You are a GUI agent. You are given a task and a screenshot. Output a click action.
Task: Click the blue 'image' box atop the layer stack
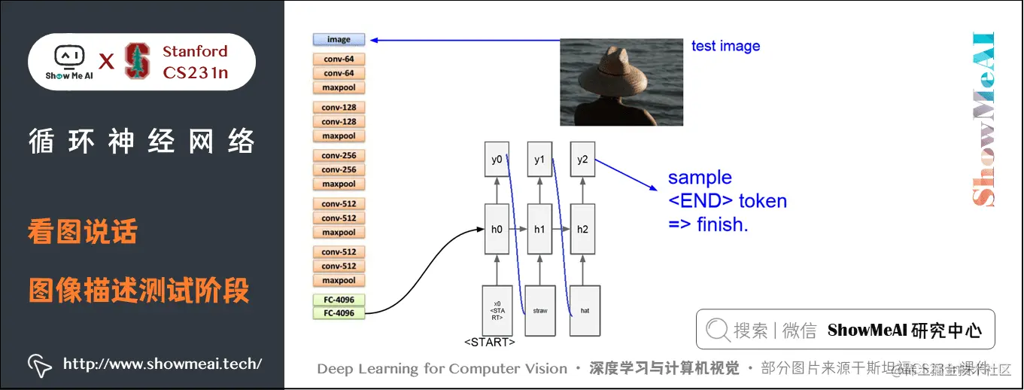pyautogui.click(x=339, y=39)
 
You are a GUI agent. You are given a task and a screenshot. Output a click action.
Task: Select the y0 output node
pyautogui.click(x=497, y=160)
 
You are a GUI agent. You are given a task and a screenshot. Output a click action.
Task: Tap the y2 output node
pyautogui.click(x=582, y=160)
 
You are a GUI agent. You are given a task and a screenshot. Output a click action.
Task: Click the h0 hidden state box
pyautogui.click(x=497, y=229)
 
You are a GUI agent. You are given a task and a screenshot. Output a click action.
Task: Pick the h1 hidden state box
pyautogui.click(x=539, y=229)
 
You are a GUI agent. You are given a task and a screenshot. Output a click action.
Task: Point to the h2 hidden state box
pyautogui.click(x=582, y=229)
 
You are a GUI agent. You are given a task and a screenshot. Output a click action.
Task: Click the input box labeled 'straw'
pyautogui.click(x=539, y=310)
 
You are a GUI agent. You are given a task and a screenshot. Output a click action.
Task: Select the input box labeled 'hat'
pyautogui.click(x=585, y=310)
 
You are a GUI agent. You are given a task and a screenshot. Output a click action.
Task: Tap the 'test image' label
pyautogui.click(x=725, y=46)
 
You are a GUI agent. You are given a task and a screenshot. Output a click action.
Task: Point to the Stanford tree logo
pyautogui.click(x=137, y=61)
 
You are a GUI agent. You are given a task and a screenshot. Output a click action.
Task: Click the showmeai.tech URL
pyautogui.click(x=162, y=364)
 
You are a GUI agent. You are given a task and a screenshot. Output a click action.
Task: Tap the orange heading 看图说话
pyautogui.click(x=83, y=232)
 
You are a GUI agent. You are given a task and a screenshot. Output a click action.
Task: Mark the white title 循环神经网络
pyautogui.click(x=141, y=142)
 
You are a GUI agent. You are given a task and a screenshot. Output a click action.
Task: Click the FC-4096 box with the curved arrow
pyautogui.click(x=339, y=313)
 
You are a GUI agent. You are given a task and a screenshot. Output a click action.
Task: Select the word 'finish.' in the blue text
pyautogui.click(x=722, y=224)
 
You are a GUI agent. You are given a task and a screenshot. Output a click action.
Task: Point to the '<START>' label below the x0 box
pyautogui.click(x=490, y=343)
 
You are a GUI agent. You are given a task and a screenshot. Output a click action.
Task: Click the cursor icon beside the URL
pyautogui.click(x=39, y=364)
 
